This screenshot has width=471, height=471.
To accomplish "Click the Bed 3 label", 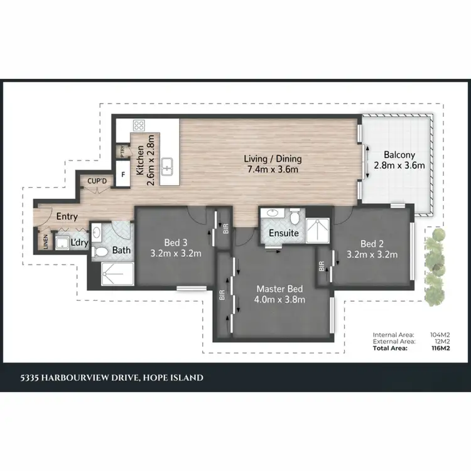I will tap(176, 242).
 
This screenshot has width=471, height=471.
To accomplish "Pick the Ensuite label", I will tap(284, 233).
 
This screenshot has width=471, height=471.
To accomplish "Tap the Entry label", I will tap(67, 217).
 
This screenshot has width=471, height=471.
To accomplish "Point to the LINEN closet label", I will tap(46, 242).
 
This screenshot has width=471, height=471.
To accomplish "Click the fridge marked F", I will tap(122, 174).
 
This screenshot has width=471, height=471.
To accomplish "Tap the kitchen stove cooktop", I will tap(139, 124).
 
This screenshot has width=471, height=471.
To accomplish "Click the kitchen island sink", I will tap(168, 166).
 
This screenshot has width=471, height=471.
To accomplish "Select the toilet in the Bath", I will tap(99, 252).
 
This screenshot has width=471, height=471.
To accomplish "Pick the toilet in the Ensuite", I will tap(295, 217).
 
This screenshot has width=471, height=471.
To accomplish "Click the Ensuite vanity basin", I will tap(273, 214).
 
